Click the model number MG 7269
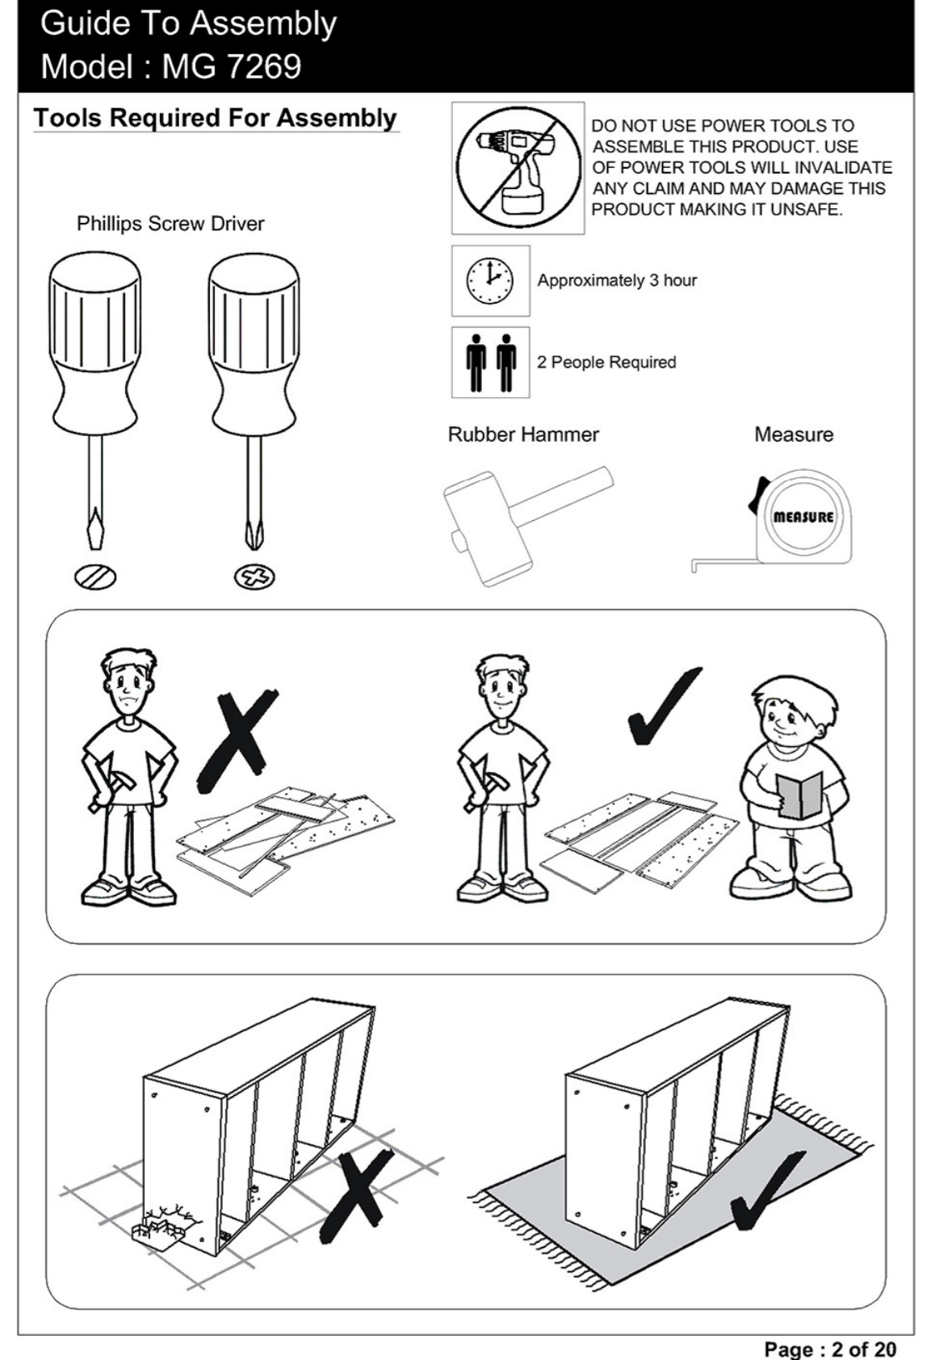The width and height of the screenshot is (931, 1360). click(x=231, y=66)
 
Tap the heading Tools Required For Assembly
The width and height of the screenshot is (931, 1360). click(x=216, y=118)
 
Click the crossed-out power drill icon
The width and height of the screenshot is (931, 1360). click(x=518, y=167)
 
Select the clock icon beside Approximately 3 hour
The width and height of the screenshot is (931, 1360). click(x=490, y=280)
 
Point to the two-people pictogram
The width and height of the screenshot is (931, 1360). click(x=491, y=363)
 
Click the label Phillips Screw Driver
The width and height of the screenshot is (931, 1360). click(x=170, y=224)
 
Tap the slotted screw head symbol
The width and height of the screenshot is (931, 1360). click(x=95, y=576)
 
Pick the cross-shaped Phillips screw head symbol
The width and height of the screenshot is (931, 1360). click(x=255, y=576)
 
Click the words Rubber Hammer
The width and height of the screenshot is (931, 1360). click(x=523, y=434)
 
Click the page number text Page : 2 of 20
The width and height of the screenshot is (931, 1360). click(x=829, y=1349)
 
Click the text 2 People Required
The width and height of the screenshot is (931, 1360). click(x=606, y=363)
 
